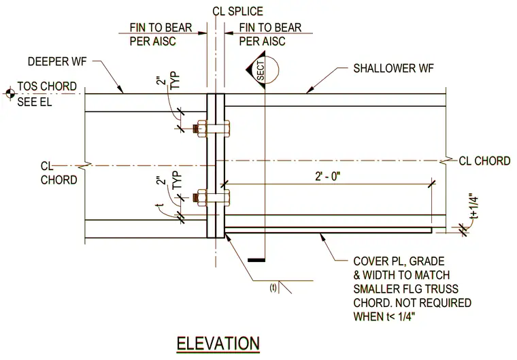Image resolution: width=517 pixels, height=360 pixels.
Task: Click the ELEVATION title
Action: click(x=218, y=344)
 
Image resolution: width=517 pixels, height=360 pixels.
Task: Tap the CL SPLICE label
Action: click(x=237, y=11)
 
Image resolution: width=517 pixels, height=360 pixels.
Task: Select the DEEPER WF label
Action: click(x=57, y=62)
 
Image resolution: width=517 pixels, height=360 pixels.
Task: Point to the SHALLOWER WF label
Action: click(x=393, y=68)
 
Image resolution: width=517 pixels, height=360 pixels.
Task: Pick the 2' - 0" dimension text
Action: click(x=327, y=176)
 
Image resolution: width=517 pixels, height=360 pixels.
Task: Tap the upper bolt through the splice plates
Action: click(x=212, y=129)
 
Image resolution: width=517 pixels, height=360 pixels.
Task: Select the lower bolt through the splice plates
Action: click(x=212, y=198)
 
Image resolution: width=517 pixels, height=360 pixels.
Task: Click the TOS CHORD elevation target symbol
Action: click(x=10, y=94)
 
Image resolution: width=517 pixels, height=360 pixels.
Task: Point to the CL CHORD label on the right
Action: click(x=484, y=161)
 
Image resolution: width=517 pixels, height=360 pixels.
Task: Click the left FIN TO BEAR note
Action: click(x=161, y=34)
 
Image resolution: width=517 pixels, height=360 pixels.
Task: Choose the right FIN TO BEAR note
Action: click(x=270, y=34)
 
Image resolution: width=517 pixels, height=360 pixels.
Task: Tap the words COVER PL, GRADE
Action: click(x=399, y=261)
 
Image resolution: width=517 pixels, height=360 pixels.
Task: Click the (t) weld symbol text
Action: click(x=273, y=288)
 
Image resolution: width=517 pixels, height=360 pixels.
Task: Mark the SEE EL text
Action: click(x=35, y=101)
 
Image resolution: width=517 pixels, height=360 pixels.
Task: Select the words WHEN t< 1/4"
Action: click(x=384, y=316)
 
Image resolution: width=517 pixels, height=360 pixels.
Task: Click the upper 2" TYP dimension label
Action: click(x=168, y=80)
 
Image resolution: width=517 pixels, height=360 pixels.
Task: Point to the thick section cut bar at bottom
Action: click(x=256, y=261)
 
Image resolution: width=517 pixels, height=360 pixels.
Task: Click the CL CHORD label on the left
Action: click(x=59, y=173)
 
